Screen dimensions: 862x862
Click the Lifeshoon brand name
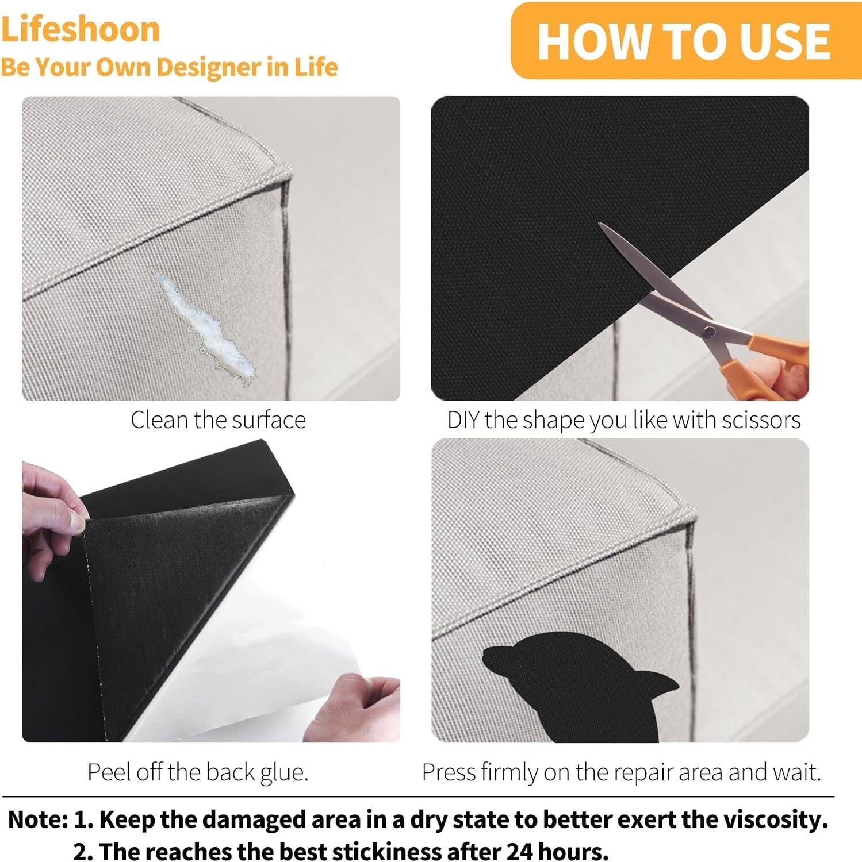pos(80,29)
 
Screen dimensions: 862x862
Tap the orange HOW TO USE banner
pos(684,41)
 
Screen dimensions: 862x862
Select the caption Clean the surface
pos(218,420)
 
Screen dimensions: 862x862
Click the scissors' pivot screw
pos(710,330)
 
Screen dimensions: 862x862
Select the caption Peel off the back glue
pos(198,772)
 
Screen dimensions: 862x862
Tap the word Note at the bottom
pos(38,819)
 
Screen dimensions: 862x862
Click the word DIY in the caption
pos(463,420)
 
